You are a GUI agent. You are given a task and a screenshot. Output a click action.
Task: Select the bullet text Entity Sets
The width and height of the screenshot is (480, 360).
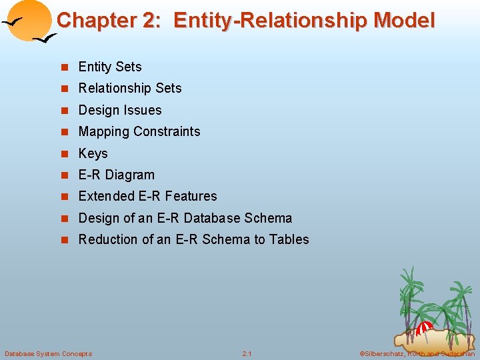[110, 67]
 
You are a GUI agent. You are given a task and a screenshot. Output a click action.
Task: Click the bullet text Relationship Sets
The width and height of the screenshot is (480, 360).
[130, 88]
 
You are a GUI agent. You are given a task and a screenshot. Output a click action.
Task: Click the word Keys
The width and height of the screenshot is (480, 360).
[93, 153]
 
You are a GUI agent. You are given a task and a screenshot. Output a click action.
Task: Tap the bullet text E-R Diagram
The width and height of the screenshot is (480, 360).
[116, 175]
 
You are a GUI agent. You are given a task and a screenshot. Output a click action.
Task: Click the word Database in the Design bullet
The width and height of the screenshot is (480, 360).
[213, 218]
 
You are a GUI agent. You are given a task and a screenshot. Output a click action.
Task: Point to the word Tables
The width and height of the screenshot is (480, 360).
[289, 239]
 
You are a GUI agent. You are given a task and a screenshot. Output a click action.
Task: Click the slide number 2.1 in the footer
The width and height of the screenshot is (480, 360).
[247, 353]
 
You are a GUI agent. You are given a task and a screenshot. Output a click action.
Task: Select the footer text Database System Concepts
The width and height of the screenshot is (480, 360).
[48, 353]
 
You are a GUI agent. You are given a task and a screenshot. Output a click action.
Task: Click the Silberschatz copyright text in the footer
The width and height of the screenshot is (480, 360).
[416, 353]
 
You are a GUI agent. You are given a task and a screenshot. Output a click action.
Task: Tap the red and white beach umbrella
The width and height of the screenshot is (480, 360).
[425, 327]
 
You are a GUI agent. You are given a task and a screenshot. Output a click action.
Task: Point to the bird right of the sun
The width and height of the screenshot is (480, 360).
[45, 40]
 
